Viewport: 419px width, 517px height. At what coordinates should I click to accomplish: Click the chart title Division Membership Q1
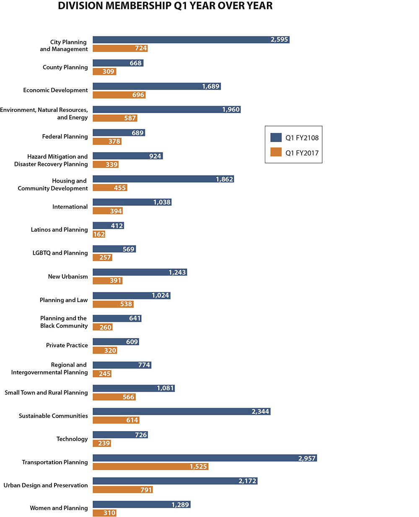(165, 6)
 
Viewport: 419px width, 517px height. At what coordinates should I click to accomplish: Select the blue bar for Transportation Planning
(204, 458)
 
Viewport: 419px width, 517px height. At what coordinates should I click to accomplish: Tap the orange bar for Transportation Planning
(150, 466)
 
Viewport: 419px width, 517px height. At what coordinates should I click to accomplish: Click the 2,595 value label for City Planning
(279, 40)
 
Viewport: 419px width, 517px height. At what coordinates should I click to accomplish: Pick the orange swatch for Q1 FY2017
(276, 152)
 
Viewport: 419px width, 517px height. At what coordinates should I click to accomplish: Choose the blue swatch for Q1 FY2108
(276, 137)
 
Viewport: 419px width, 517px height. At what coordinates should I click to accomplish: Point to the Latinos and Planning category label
(59, 230)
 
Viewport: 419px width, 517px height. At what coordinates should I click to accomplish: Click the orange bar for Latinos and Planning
(99, 234)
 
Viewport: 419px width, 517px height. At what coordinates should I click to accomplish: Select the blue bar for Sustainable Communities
(181, 411)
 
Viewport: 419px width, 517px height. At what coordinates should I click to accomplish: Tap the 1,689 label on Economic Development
(210, 86)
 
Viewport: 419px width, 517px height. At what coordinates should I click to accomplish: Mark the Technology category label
(72, 439)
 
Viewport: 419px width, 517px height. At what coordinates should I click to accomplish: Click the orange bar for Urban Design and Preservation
(122, 489)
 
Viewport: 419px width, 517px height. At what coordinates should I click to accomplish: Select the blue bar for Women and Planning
(141, 504)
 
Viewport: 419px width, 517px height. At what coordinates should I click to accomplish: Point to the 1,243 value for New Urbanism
(177, 272)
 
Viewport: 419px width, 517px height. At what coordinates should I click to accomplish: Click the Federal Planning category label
(65, 137)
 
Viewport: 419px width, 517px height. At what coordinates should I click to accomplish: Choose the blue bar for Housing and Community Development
(163, 179)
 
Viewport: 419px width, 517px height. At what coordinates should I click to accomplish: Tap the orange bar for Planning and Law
(113, 304)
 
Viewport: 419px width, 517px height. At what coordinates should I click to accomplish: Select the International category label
(70, 207)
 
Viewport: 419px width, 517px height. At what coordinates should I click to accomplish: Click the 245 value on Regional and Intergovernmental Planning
(104, 374)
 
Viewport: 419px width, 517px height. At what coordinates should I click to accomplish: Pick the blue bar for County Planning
(118, 63)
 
